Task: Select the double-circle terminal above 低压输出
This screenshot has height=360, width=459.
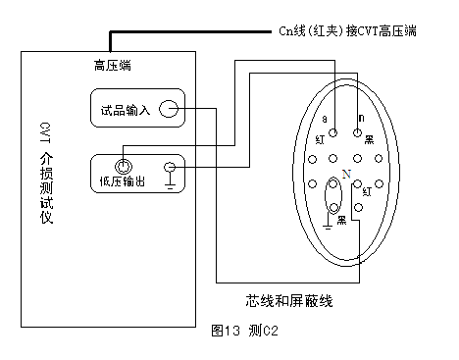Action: coord(125,166)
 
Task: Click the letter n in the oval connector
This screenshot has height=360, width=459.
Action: coord(361,117)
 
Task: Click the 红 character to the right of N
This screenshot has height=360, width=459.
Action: coord(367,193)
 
